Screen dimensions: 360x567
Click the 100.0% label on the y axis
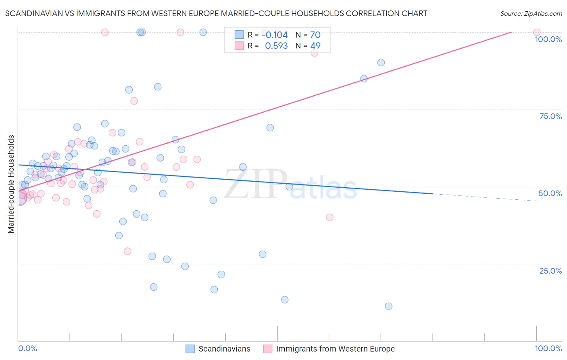click(548, 39)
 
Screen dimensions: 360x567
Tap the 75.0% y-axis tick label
click(550, 116)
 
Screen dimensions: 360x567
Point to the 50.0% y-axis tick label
click(550, 193)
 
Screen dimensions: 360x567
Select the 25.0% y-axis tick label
click(550, 271)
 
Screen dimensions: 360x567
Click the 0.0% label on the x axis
click(27, 348)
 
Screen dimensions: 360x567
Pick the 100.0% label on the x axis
click(548, 348)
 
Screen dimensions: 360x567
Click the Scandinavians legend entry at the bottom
click(224, 349)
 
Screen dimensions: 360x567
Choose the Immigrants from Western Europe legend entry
click(335, 349)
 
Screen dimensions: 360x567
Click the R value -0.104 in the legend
click(275, 35)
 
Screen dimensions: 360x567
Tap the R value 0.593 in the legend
click(276, 46)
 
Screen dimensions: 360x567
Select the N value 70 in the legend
click(315, 35)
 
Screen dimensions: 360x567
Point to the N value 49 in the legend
click(315, 46)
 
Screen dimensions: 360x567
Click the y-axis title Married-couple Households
click(11, 184)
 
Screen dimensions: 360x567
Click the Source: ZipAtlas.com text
click(531, 14)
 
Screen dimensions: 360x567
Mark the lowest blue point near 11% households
click(388, 306)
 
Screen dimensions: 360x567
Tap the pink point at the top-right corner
click(536, 32)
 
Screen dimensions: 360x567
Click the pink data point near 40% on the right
click(329, 217)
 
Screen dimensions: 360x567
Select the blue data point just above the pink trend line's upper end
click(381, 63)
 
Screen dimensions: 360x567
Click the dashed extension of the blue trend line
click(484, 197)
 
